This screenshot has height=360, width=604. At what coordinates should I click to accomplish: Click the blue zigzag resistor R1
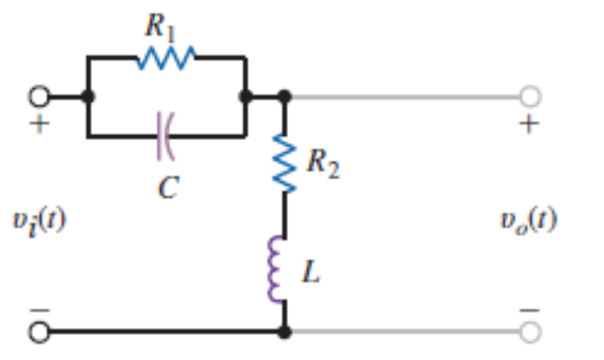[166, 59]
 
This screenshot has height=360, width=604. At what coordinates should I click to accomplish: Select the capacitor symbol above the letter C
[165, 136]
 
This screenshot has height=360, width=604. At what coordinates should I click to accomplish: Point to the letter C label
[167, 187]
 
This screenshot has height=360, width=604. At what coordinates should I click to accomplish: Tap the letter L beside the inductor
[312, 273]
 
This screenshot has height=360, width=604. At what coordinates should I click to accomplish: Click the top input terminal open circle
[39, 96]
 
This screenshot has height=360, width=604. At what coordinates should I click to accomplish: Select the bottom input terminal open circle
[39, 331]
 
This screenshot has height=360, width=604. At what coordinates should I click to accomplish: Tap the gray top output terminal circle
[530, 96]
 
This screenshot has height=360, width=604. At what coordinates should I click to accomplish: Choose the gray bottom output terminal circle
[530, 331]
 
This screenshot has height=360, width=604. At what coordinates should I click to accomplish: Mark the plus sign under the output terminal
[530, 125]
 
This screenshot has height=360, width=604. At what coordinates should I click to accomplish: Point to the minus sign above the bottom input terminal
[39, 309]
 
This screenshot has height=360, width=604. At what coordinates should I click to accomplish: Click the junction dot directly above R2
[284, 96]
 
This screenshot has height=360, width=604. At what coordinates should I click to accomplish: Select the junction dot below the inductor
[284, 331]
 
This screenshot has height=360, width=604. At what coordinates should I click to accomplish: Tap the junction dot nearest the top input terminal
[88, 96]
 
